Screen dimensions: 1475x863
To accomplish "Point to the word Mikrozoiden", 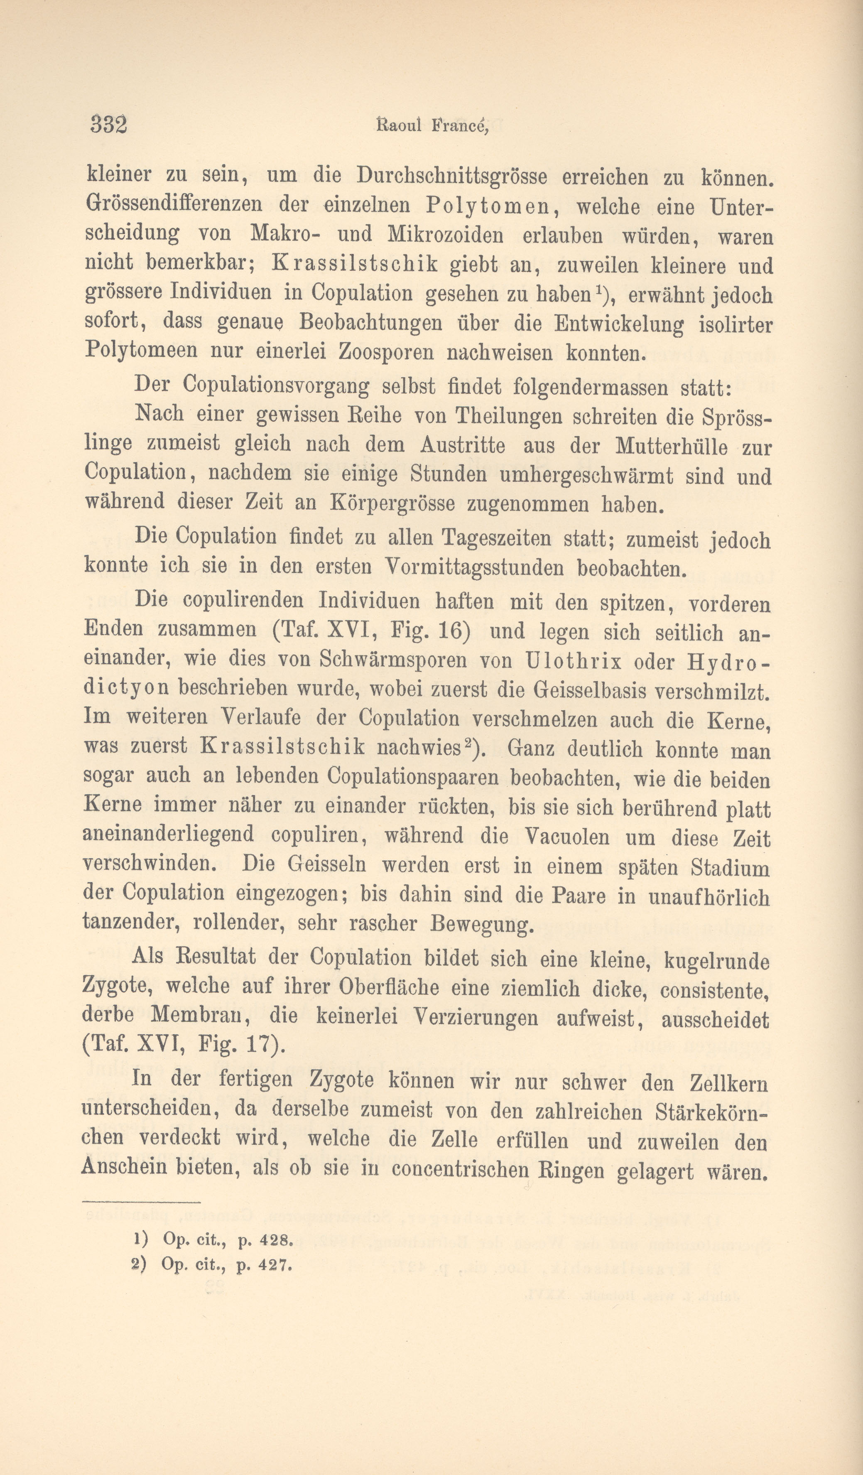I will click(445, 235).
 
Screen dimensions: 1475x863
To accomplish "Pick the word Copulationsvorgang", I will click(276, 386).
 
